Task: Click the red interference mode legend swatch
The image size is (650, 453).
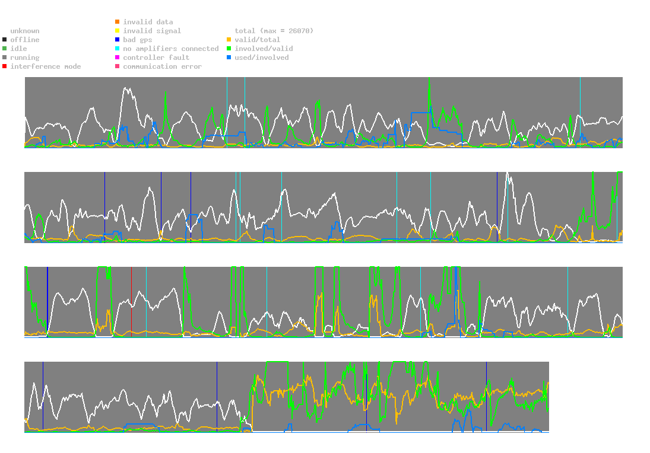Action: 5,66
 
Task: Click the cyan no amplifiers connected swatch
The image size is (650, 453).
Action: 118,49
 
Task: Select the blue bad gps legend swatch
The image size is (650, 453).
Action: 118,40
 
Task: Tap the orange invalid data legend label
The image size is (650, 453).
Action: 148,22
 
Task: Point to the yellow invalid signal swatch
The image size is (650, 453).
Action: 118,31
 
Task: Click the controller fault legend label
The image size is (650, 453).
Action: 156,58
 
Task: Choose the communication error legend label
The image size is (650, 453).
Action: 162,66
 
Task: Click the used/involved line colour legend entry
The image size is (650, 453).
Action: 262,58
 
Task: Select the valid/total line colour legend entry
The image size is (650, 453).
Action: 258,40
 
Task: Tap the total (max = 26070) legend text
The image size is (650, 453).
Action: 274,31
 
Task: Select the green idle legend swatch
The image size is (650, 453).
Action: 5,49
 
